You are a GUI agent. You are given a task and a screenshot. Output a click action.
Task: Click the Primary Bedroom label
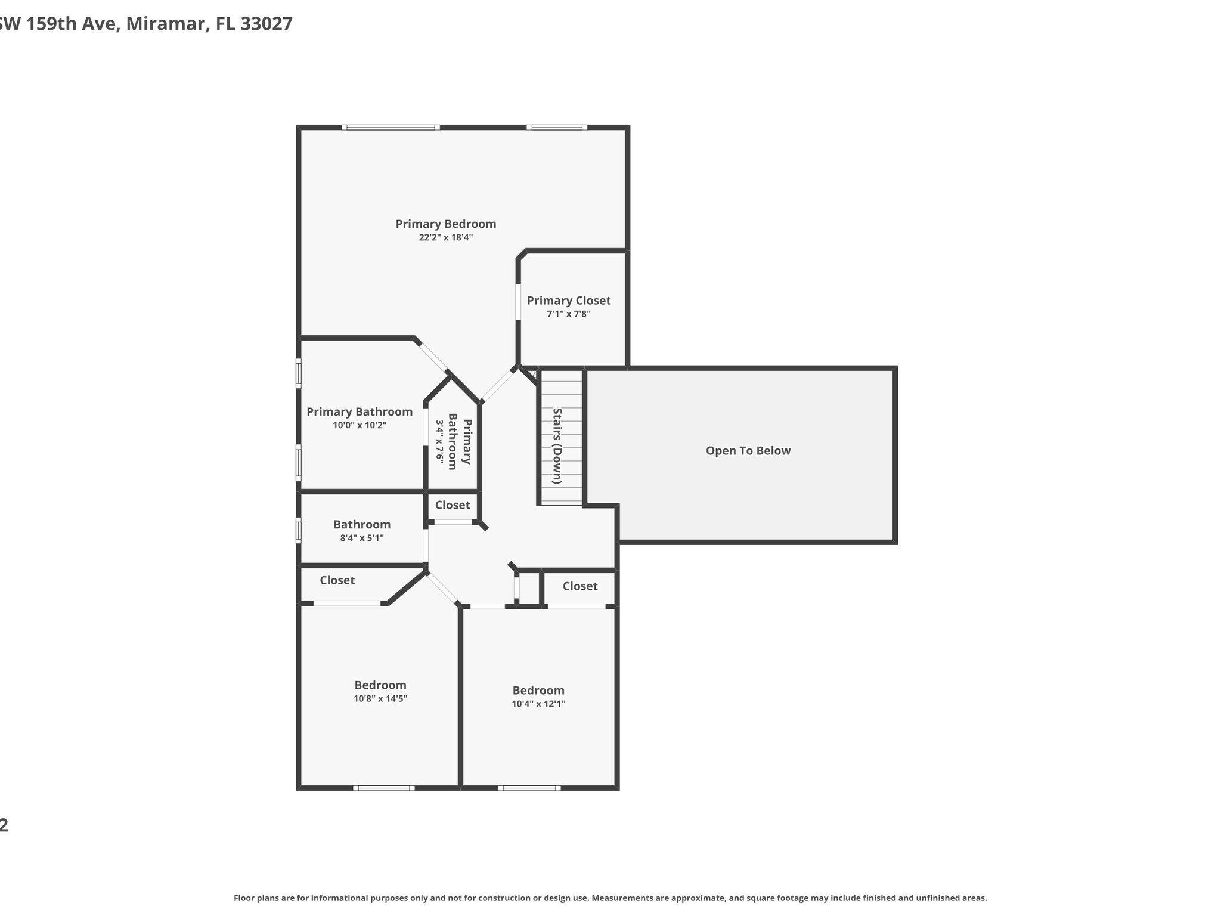coord(445,224)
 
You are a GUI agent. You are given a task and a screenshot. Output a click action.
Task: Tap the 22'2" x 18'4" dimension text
coord(445,237)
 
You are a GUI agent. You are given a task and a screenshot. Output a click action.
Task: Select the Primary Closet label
coord(568,301)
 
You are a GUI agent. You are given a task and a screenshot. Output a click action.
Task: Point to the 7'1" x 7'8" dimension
coord(568,314)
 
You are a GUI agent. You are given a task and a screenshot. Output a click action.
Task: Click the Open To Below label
coord(748,451)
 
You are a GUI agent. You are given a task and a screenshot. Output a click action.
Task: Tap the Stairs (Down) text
coord(557,445)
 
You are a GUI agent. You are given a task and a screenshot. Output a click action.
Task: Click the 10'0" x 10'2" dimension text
coord(360,425)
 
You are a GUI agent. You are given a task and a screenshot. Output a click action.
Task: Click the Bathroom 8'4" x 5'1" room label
coord(361,524)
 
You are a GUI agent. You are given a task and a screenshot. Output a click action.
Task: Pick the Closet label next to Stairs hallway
coord(452,505)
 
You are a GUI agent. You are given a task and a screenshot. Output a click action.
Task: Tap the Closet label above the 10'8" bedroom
coord(337,580)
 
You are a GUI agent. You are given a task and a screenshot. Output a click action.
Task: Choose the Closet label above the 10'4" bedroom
coord(579,586)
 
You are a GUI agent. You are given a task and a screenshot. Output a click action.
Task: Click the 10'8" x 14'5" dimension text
coord(380,698)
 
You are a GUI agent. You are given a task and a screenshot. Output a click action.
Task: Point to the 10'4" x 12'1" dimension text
coord(538,704)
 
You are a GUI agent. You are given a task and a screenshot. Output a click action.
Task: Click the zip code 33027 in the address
coord(266,24)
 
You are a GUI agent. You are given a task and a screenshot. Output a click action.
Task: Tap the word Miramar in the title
coord(166,24)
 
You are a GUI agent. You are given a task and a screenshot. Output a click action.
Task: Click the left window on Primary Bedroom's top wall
coord(391,127)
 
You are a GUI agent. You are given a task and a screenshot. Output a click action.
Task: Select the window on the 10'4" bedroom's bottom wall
coord(529,788)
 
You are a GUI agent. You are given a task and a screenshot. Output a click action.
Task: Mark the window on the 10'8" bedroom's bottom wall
coord(383,788)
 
